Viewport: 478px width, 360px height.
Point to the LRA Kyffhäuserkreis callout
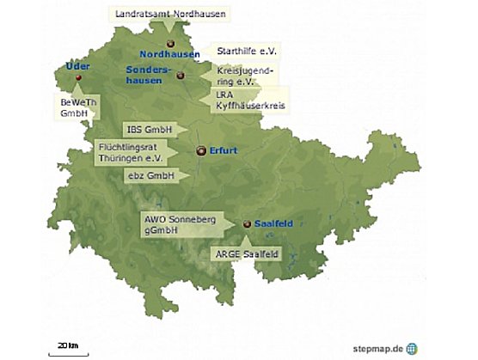(x=250, y=99)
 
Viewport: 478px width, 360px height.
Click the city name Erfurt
(x=223, y=151)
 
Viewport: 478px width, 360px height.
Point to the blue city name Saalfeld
(x=273, y=224)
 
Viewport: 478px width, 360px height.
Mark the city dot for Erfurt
(x=201, y=151)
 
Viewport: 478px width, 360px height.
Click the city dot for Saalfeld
(x=247, y=224)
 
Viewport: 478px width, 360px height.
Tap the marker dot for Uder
(x=78, y=78)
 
